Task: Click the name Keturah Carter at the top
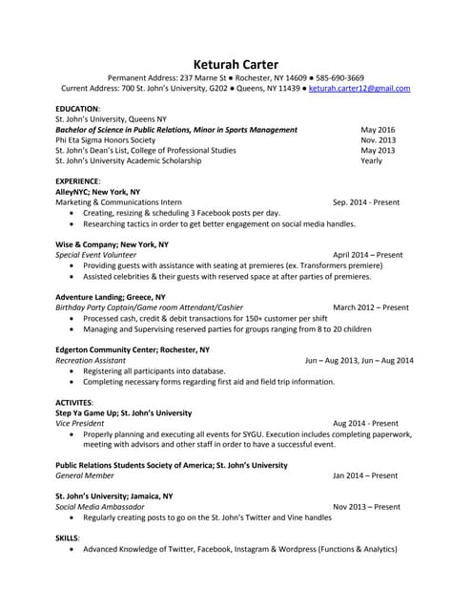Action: tap(235, 64)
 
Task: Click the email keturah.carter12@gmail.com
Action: tap(359, 88)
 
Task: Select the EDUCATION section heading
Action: tap(77, 109)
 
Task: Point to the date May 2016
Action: tap(378, 130)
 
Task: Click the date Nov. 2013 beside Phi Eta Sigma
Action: tap(378, 140)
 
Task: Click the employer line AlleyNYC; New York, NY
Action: tap(98, 192)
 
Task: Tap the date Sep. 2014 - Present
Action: tap(366, 202)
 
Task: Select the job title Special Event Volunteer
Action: tap(95, 255)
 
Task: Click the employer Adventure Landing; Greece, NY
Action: tap(110, 297)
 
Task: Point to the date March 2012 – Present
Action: tap(371, 307)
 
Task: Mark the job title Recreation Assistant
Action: tap(91, 361)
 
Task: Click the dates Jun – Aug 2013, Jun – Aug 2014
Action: tap(359, 361)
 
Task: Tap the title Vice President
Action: tap(79, 423)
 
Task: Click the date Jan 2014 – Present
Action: tap(365, 475)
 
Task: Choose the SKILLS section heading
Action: tap(68, 538)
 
